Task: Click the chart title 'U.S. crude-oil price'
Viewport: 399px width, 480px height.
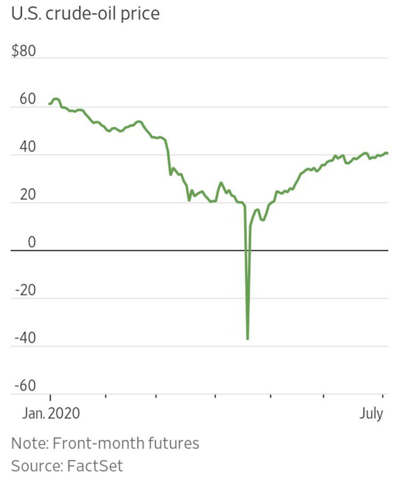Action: pyautogui.click(x=85, y=13)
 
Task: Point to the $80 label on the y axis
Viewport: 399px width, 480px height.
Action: pyautogui.click(x=23, y=52)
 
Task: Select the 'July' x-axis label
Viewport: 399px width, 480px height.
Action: pyautogui.click(x=371, y=414)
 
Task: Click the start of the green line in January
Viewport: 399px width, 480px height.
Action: pyautogui.click(x=49, y=103)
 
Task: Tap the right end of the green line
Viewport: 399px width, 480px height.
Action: pyautogui.click(x=387, y=154)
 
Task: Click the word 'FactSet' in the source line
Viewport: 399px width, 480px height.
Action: pyautogui.click(x=94, y=466)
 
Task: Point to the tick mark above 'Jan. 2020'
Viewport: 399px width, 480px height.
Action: pyautogui.click(x=50, y=397)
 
